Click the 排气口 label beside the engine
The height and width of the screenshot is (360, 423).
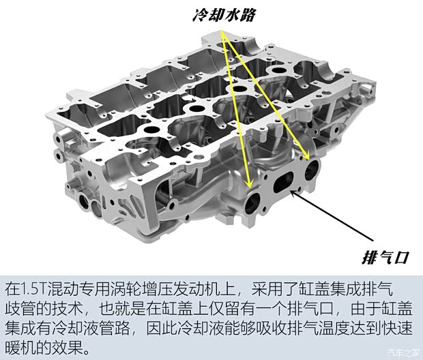(383, 256)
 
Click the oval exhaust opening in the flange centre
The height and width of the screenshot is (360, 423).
(285, 184)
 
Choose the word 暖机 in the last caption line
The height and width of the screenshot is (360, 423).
(19, 350)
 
